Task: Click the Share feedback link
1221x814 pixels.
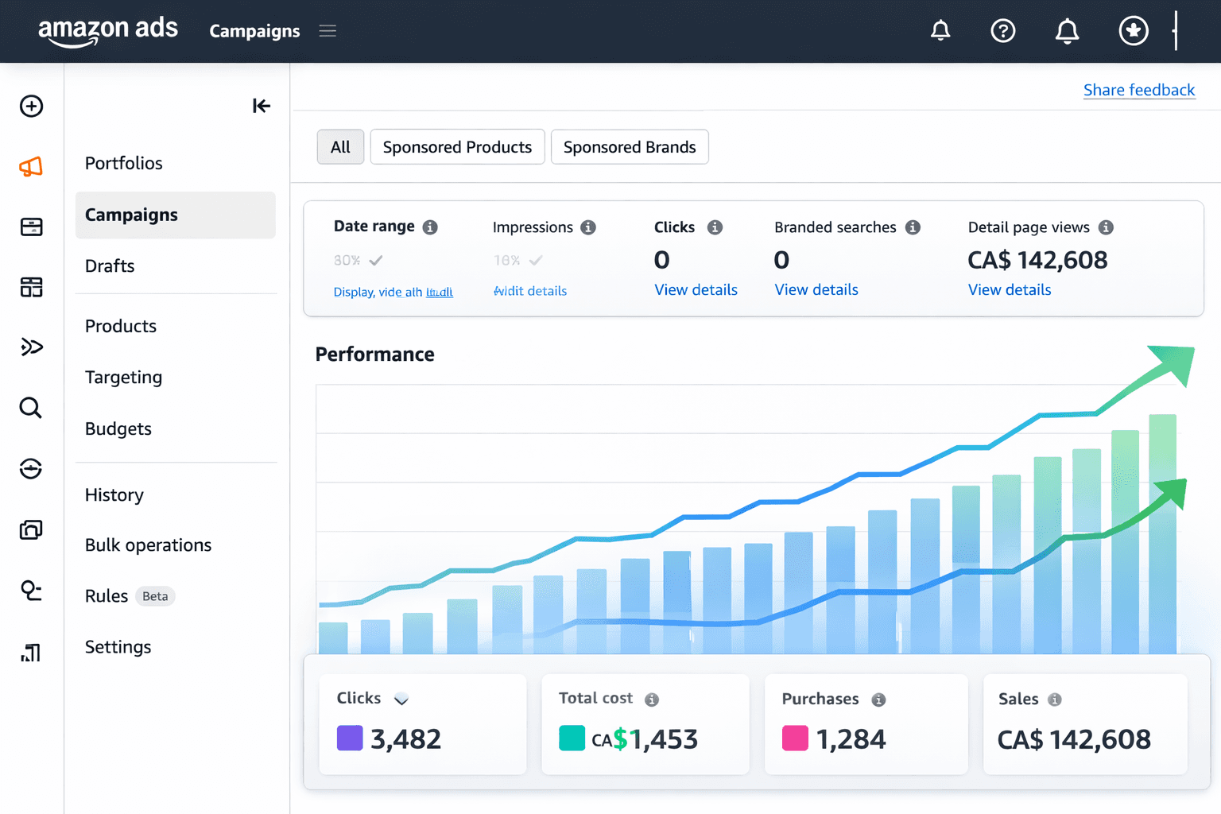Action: [1138, 90]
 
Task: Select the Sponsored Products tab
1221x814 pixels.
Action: [457, 147]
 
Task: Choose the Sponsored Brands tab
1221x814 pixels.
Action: [629, 147]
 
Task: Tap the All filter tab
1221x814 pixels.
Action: [340, 147]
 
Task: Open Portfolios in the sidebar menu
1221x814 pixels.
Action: [123, 163]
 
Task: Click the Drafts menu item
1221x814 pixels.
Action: [110, 266]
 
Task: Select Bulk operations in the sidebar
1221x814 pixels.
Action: [148, 545]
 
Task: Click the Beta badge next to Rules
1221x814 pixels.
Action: [155, 596]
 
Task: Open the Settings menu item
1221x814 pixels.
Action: [118, 647]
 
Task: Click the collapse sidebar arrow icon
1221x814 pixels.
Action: [261, 106]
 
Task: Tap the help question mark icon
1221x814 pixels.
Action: [1002, 31]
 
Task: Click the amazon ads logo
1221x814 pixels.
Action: [108, 30]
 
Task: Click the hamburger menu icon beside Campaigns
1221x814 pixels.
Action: [328, 31]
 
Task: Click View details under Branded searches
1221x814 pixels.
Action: [816, 290]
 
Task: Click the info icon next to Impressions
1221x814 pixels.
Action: [588, 227]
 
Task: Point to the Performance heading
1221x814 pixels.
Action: [374, 355]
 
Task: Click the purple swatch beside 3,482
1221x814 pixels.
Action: [350, 738]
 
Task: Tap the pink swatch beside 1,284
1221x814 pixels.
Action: [795, 738]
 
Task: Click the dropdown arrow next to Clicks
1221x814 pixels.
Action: [401, 699]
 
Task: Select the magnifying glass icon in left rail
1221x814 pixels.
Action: [31, 408]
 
